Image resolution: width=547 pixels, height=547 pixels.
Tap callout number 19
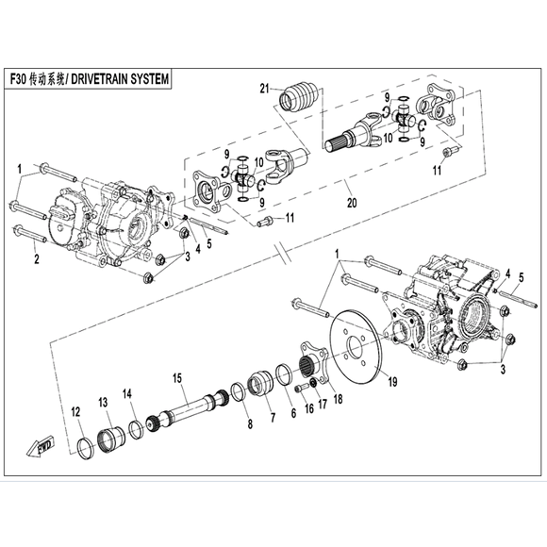tap(390, 383)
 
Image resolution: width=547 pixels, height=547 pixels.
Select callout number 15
tap(174, 379)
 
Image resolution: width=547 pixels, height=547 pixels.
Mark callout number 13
tap(104, 402)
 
